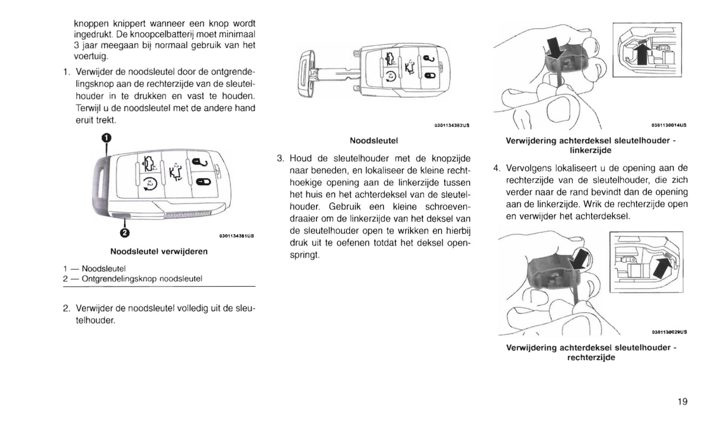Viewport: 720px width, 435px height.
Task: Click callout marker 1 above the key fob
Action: (107, 138)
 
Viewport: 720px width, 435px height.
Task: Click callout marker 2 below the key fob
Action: (125, 232)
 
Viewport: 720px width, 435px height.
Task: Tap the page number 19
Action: (682, 402)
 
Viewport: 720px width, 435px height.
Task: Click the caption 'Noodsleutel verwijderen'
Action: (159, 251)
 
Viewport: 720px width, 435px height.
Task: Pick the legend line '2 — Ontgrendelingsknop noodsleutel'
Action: (133, 279)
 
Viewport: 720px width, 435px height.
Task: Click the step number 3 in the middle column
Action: (280, 159)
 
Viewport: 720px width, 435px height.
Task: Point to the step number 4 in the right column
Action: (496, 168)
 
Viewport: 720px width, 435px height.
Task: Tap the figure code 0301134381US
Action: (237, 236)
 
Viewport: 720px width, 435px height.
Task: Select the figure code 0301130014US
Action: (669, 125)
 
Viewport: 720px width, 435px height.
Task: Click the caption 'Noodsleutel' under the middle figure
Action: (374, 141)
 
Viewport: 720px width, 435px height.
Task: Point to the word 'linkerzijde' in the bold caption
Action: (590, 150)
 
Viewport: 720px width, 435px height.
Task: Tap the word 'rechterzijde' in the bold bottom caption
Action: (591, 357)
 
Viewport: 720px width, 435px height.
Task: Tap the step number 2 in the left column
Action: (66, 309)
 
